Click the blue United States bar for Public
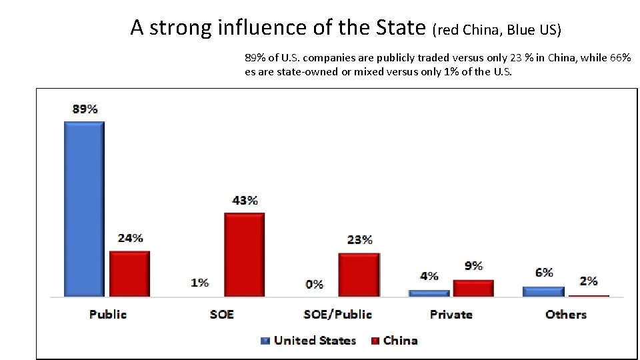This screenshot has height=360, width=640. click(84, 209)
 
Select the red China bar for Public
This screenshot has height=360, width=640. click(129, 273)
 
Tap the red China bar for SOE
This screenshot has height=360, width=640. click(244, 254)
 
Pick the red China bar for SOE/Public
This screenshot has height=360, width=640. click(359, 274)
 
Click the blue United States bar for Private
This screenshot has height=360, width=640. click(429, 293)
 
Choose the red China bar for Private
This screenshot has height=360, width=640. click(473, 287)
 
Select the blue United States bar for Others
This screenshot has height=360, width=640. click(543, 291)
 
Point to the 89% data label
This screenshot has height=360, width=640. click(85, 109)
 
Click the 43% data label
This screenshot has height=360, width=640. click(245, 200)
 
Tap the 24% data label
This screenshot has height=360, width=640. click(130, 238)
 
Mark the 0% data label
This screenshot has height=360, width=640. click(315, 284)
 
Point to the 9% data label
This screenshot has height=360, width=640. click(473, 266)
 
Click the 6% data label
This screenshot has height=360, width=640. click(544, 272)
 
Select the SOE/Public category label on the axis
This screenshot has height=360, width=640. click(337, 314)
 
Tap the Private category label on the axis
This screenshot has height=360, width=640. click(451, 314)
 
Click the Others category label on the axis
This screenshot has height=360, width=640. click(566, 314)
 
